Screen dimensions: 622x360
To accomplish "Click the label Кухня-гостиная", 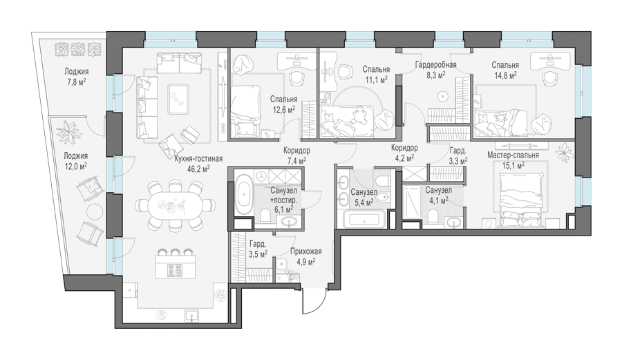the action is point(198,159).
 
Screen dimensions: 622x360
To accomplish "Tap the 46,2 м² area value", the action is point(198,169).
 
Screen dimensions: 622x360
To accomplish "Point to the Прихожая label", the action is point(305,252).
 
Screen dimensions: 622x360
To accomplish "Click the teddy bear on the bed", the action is point(359,116).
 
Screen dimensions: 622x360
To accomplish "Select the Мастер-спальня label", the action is point(513,155).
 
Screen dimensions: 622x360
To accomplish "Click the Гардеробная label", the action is point(435,64).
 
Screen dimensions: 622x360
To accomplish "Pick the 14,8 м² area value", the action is point(505,75).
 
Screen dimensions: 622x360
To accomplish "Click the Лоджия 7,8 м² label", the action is point(77,77).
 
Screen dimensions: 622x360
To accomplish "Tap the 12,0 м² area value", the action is point(75,166).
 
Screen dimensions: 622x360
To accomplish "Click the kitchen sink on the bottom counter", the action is point(192,315).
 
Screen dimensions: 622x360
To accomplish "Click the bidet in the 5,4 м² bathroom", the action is point(382,198).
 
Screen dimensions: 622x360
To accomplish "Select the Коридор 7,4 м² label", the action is point(296,155).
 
